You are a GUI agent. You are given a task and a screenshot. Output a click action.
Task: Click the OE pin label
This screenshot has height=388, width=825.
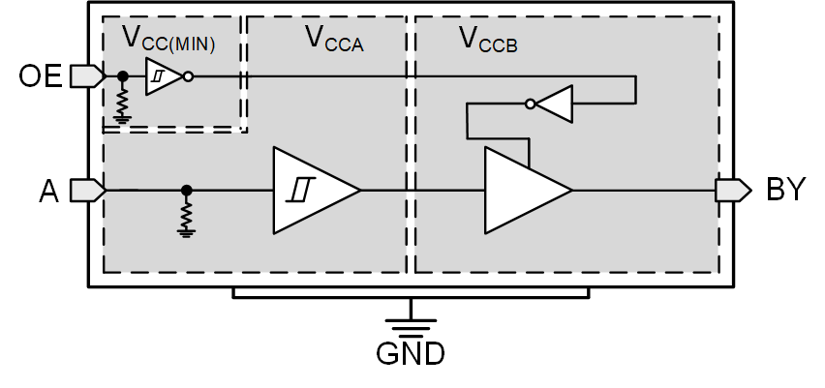click(x=40, y=75)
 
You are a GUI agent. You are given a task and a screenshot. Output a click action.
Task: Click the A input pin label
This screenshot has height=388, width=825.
click(x=49, y=191)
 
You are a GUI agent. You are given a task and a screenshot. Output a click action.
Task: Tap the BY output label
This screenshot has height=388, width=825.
click(x=785, y=190)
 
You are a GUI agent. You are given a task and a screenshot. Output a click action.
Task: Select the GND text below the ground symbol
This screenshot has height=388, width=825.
click(x=410, y=354)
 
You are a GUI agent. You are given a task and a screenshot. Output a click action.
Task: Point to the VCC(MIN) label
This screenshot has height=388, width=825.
click(x=168, y=40)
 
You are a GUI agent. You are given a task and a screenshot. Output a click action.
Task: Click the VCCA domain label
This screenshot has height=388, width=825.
click(x=334, y=39)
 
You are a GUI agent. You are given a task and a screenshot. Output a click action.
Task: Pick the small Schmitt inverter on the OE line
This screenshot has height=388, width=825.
click(x=162, y=76)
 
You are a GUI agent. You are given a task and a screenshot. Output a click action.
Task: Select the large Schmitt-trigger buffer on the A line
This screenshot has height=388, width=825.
click(x=313, y=190)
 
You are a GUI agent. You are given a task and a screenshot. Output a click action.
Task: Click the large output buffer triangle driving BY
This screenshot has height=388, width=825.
click(x=524, y=190)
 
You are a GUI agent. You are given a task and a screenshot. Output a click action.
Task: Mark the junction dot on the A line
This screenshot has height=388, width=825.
click(x=187, y=190)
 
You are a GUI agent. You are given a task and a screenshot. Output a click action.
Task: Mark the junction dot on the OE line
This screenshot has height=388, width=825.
click(x=123, y=75)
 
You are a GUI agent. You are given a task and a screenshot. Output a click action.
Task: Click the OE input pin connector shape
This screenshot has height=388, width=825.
click(x=87, y=75)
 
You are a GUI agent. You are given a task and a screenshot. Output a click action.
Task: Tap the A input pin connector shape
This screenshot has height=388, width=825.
click(x=87, y=190)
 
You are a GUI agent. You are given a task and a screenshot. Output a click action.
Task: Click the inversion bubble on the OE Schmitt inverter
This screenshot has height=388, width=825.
click(x=188, y=76)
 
